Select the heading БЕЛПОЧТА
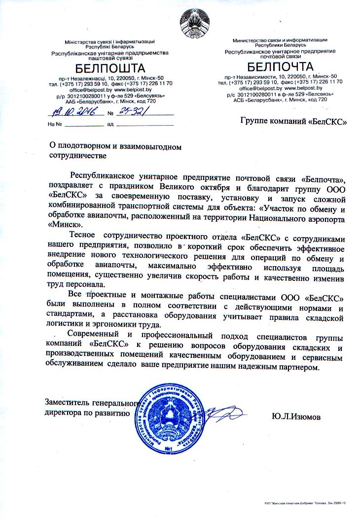coord(280,66)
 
